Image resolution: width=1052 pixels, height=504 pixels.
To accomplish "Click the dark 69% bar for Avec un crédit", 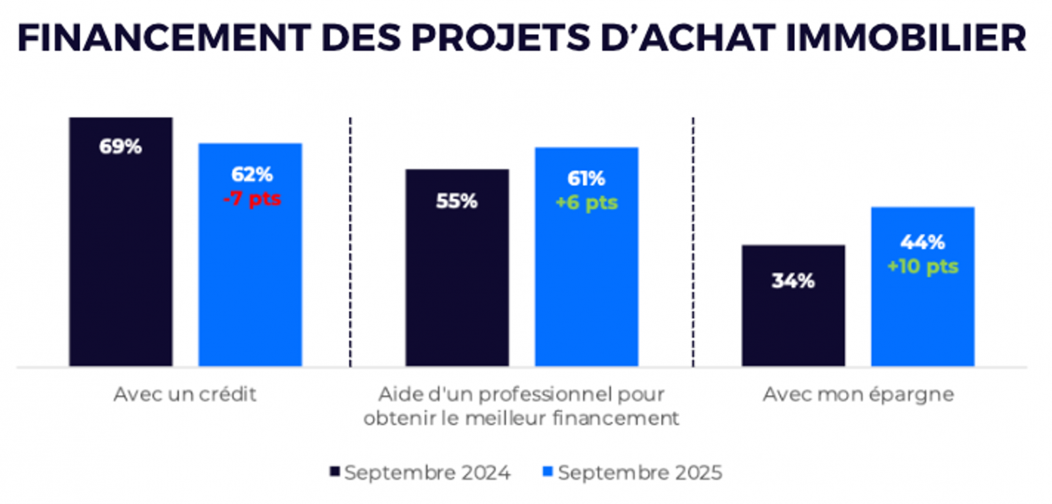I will click(120, 263).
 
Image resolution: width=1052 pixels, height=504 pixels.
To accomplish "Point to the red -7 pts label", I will click(252, 198).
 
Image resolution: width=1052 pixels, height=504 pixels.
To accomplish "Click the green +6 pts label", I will click(586, 202).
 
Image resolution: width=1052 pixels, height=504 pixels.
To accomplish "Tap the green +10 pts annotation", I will click(922, 266).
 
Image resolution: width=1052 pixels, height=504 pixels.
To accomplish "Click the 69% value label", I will click(120, 146).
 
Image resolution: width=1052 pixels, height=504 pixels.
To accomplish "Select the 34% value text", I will click(793, 281).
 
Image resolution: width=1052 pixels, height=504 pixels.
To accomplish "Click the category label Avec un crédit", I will click(185, 394).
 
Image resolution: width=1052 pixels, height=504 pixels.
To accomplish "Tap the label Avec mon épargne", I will click(858, 394).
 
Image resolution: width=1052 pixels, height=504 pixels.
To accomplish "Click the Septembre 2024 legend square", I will click(335, 471).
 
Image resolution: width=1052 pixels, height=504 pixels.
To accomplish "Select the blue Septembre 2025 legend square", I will click(547, 471).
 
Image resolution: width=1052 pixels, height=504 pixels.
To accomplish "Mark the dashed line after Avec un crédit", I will click(350, 243).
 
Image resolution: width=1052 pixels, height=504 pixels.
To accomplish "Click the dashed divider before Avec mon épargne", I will click(693, 243).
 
